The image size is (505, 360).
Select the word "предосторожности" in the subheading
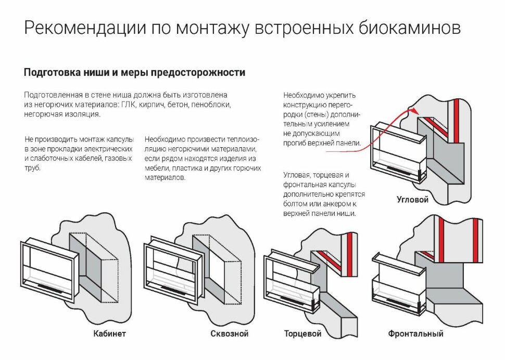point(198,73)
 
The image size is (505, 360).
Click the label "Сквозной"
point(229,333)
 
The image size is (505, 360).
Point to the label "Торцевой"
point(302,333)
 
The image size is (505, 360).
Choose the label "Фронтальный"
point(415,333)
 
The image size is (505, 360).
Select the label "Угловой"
point(412,200)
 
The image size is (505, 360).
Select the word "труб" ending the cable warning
point(32,168)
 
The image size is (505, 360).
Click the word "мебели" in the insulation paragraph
point(156,168)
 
